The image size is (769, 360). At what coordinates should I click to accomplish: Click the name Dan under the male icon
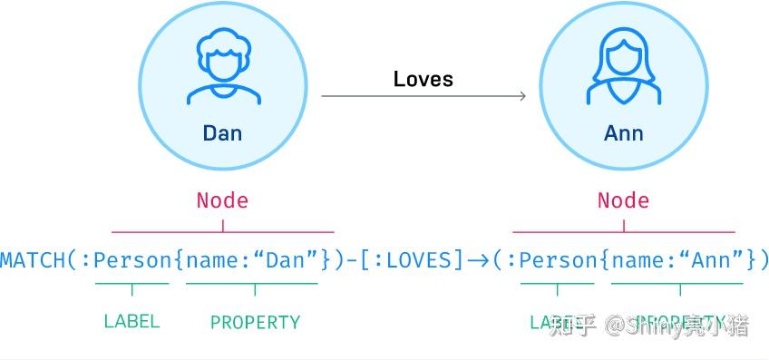(x=222, y=133)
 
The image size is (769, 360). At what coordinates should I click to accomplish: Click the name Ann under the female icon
(x=624, y=133)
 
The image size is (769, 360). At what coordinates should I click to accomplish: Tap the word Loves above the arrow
(x=423, y=79)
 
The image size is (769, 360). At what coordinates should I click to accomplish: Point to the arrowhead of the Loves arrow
(x=521, y=95)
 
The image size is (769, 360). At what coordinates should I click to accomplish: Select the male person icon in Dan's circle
(x=222, y=68)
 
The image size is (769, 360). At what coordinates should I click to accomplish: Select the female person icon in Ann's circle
(x=624, y=68)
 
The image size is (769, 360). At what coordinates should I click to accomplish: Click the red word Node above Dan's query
(x=222, y=200)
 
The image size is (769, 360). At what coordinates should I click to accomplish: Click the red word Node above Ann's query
(x=623, y=200)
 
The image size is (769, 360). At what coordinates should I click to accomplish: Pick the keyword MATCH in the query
(x=33, y=261)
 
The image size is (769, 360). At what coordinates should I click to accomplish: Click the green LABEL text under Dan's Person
(x=131, y=321)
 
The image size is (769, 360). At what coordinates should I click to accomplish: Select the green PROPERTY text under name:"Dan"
(x=255, y=322)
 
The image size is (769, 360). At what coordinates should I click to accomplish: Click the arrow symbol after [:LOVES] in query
(x=478, y=261)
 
